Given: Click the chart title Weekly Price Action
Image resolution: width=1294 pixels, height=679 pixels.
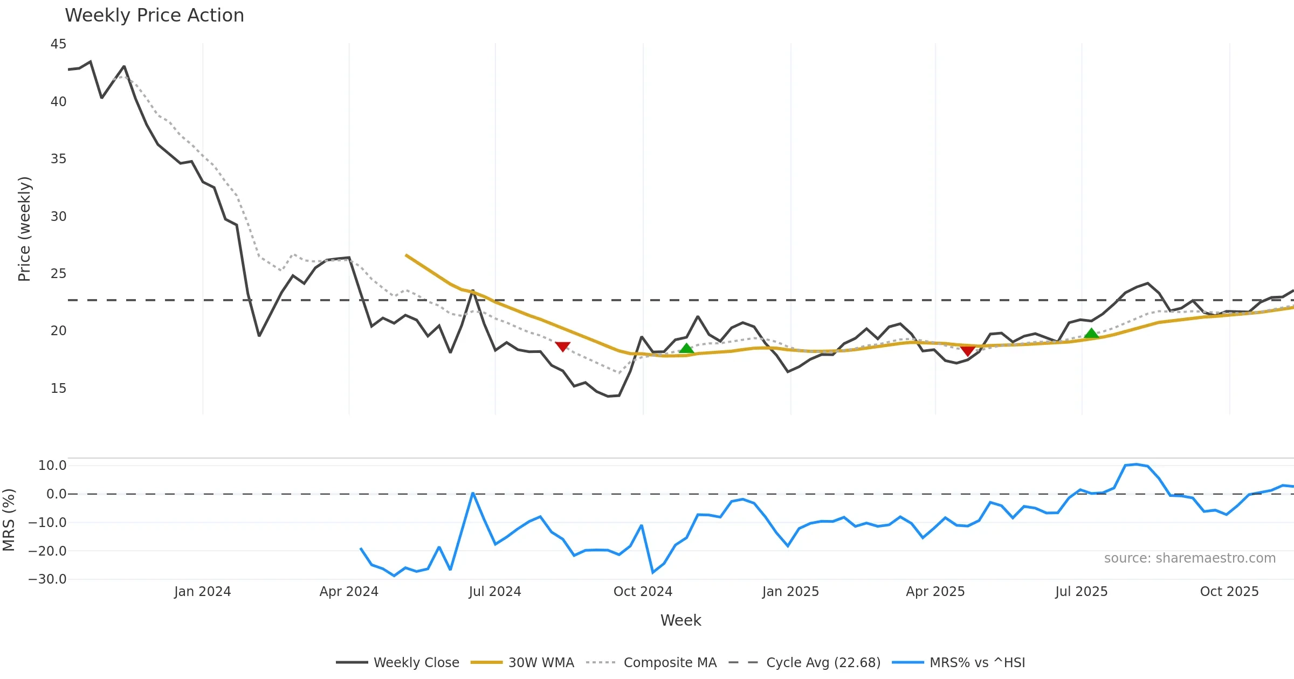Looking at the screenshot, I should click(x=154, y=16).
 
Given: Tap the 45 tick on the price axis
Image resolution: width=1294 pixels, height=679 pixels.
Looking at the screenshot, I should click(x=58, y=44).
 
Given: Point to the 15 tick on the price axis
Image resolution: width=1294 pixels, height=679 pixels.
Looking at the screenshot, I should click(x=58, y=389).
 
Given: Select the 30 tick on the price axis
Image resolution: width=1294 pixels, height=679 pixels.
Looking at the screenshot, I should click(x=58, y=217).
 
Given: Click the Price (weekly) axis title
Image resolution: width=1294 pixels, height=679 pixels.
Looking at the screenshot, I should click(x=25, y=229).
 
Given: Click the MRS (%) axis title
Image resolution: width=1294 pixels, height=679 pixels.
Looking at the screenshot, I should click(x=9, y=520).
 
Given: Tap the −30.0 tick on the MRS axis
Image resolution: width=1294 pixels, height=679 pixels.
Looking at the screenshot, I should click(x=47, y=580).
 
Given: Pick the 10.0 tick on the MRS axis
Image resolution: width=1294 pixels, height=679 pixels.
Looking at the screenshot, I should click(x=52, y=466).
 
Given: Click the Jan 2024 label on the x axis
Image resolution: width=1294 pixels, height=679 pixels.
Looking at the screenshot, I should click(x=202, y=592).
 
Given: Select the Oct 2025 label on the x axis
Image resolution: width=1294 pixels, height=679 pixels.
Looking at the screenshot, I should click(x=1229, y=592).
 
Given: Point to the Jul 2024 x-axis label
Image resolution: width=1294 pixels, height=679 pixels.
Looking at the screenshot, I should click(x=494, y=592).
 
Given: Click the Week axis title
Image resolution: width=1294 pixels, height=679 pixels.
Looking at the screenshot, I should click(x=680, y=621).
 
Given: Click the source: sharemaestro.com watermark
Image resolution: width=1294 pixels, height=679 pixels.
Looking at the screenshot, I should click(x=1189, y=558).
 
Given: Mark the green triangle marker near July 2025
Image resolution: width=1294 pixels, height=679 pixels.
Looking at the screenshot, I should click(x=1091, y=334).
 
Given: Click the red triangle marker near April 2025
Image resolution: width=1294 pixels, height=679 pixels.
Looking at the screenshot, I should click(x=968, y=351).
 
